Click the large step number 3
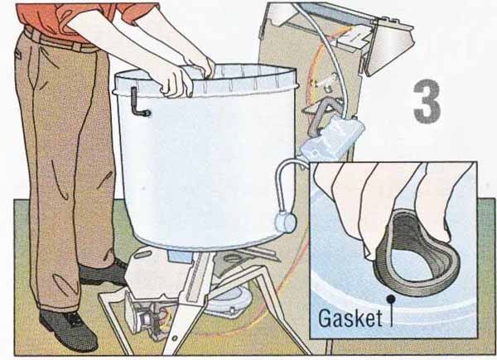click(x=427, y=101)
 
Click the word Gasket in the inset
click(x=350, y=318)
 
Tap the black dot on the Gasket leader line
click(x=392, y=298)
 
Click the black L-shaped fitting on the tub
click(x=137, y=103)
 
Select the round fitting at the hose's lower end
click(x=286, y=222)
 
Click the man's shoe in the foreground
click(x=68, y=329)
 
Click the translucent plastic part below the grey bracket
click(x=333, y=137)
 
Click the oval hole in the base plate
click(x=234, y=257)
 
